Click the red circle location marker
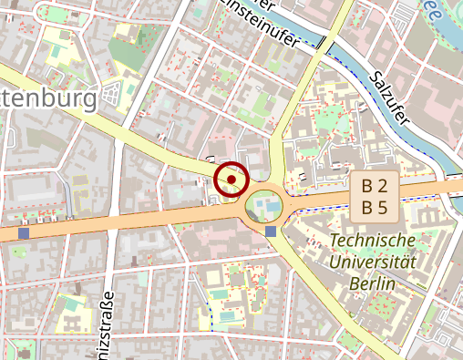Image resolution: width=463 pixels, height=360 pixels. tap(232, 180)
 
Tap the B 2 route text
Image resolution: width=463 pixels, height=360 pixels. tap(375, 186)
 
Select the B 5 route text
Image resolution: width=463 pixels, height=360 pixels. tap(375, 207)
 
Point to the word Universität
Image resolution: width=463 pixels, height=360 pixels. tap(373, 262)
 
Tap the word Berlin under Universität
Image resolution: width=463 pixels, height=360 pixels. tap(372, 283)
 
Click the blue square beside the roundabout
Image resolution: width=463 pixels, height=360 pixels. tap(271, 231)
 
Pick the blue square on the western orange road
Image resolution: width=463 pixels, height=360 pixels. tap(23, 234)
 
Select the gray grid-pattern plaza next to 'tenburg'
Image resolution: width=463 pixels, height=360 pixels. tap(113, 94)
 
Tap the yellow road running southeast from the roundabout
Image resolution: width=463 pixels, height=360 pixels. tap(318, 283)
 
